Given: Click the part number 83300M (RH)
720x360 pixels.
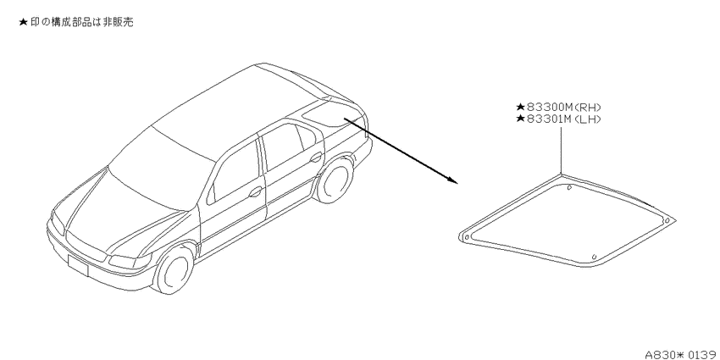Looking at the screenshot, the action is pos(564,108).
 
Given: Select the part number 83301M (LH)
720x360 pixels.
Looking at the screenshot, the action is pos(564,119).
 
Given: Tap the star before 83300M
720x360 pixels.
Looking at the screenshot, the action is pos(520,108).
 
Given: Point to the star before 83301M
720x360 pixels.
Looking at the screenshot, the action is pos(520,119).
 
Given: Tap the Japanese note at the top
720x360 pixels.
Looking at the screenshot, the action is pos(76,22).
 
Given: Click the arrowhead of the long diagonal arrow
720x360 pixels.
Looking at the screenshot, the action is pos(454,180).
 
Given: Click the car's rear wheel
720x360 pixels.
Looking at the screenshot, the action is pos(335,179).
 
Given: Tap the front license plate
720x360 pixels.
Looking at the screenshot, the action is pos(78,265).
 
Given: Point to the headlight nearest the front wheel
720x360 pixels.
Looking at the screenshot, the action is pos(130,262).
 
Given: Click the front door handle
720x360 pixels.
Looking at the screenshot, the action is pos(255,191).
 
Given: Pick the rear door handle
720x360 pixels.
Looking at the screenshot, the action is pos(316,158).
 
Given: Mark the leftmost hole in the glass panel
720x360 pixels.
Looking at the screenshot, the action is pos(467,237).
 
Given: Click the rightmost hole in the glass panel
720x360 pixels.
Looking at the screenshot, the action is pos(667,221).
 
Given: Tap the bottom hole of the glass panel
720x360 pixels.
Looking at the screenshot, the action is pos(594,257).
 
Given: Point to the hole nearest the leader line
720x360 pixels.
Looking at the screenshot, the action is pos(569,187).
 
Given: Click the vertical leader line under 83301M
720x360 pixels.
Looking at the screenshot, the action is pos(561,150).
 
